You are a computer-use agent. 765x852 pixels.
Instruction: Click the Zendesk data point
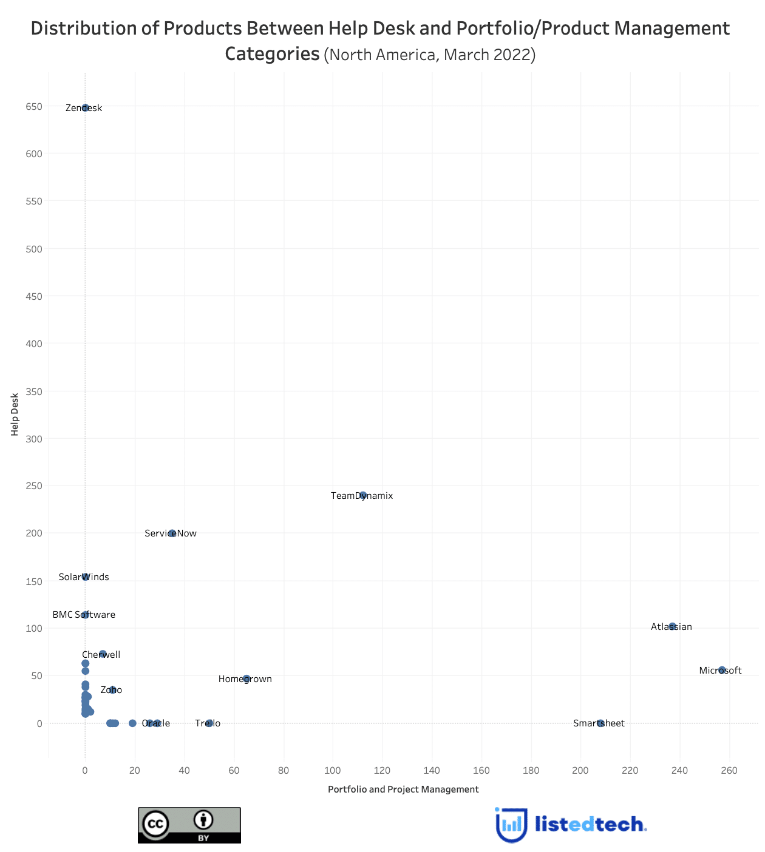[85, 107]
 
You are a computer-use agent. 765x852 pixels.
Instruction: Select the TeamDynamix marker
[363, 495]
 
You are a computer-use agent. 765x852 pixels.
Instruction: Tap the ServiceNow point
[172, 533]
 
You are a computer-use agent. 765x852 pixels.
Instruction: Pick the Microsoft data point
[722, 670]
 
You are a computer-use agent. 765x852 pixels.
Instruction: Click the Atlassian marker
[672, 626]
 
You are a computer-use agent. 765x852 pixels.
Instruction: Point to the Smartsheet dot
[600, 723]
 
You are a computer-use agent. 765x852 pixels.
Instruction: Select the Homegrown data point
[246, 678]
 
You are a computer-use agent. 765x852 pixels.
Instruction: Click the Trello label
[208, 723]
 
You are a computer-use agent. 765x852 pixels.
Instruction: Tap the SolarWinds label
[84, 577]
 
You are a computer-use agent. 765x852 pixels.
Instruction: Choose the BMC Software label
[84, 615]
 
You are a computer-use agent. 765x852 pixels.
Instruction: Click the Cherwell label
[101, 655]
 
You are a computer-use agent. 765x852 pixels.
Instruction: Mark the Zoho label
[111, 690]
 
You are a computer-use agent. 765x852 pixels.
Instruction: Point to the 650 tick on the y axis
[34, 107]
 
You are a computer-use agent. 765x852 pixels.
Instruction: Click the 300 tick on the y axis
[34, 439]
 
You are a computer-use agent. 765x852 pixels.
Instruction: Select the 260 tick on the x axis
[729, 771]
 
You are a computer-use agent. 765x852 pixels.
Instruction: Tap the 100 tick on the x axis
[332, 771]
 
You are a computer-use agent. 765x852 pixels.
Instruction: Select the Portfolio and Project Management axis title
[403, 789]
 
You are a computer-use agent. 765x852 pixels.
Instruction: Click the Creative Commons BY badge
[189, 825]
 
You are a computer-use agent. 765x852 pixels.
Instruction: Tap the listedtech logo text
[590, 824]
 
